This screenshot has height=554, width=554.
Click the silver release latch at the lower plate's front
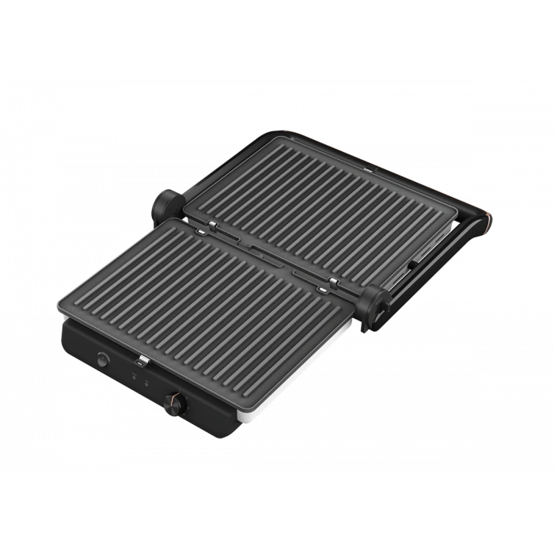click(x=142, y=365)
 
